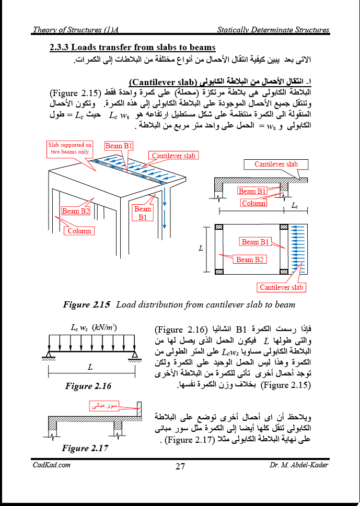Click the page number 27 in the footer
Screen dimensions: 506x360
[180, 466]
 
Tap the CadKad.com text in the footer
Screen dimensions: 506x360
[51, 465]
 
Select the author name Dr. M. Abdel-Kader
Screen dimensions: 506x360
[299, 465]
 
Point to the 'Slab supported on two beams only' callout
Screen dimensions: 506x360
[70, 148]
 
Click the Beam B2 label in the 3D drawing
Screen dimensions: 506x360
[76, 211]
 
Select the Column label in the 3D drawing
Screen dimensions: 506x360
[79, 230]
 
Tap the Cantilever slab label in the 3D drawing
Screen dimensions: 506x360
[173, 156]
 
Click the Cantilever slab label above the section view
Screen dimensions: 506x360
[276, 164]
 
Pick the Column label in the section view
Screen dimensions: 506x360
[254, 203]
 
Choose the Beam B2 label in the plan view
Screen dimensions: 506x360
[250, 260]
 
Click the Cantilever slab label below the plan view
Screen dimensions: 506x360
[282, 287]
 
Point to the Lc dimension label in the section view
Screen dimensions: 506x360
[294, 206]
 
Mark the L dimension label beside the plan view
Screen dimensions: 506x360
[201, 249]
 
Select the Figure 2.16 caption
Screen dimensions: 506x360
[88, 386]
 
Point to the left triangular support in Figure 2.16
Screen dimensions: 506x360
[47, 356]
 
